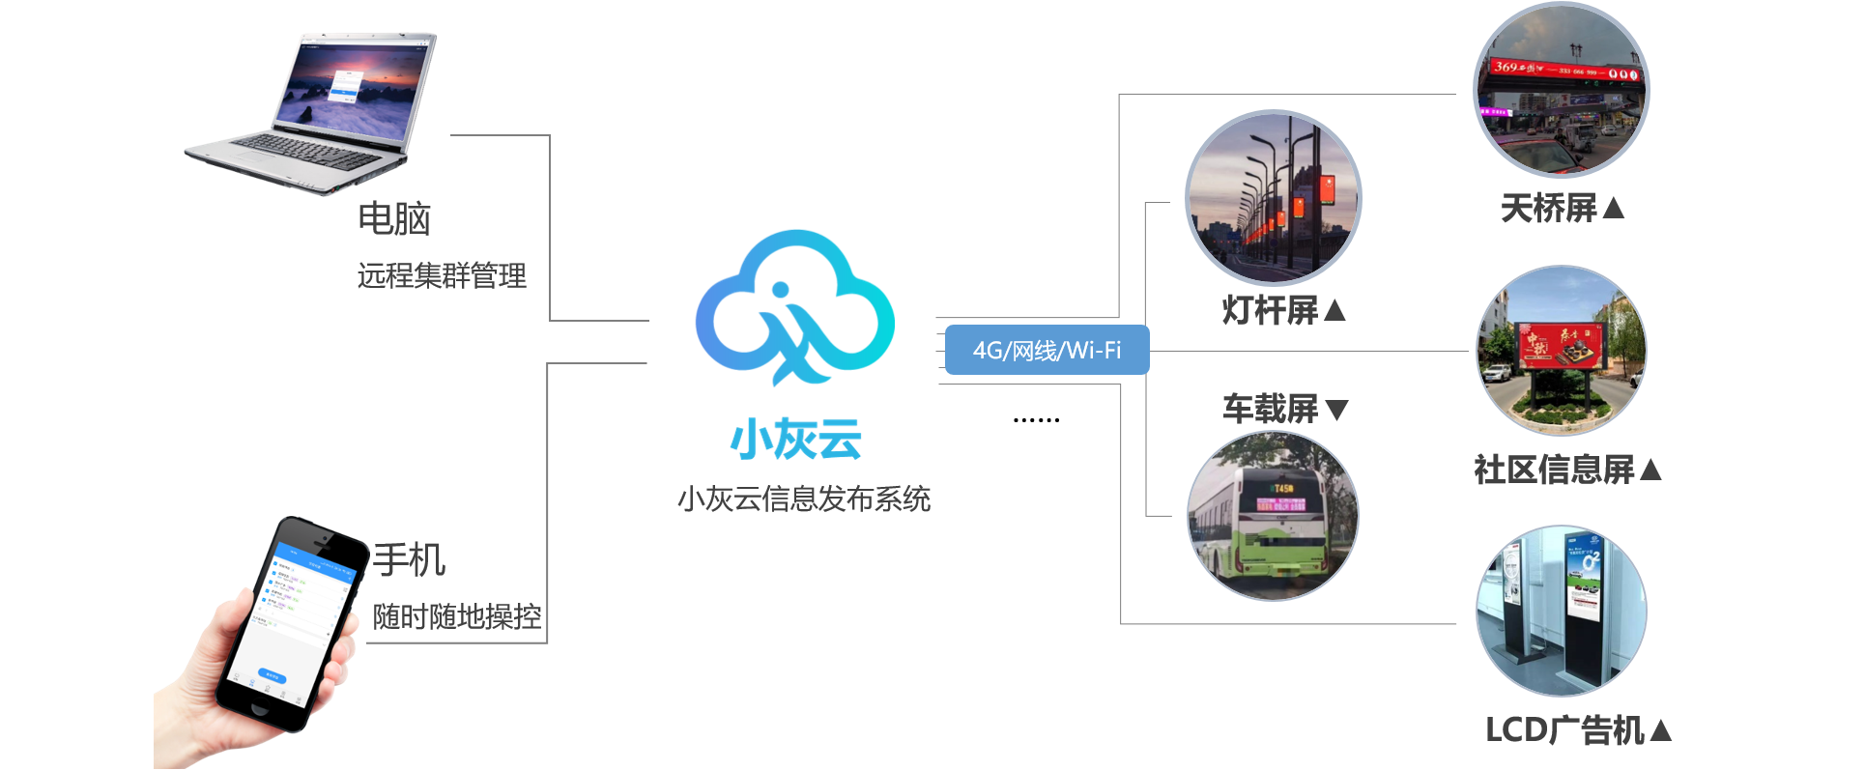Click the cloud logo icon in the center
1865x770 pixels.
[x=794, y=306]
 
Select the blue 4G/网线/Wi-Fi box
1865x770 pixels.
[x=1047, y=350]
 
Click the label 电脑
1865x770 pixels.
[x=394, y=218]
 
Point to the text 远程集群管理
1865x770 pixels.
[x=442, y=275]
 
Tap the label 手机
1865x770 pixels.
[x=410, y=560]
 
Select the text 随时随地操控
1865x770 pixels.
[x=457, y=616]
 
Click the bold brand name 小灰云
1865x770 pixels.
[x=795, y=440]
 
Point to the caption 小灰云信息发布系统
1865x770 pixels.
[x=804, y=499]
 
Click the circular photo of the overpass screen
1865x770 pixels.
[x=1561, y=90]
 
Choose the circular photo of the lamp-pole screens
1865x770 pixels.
[x=1273, y=198]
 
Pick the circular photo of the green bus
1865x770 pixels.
[x=1273, y=516]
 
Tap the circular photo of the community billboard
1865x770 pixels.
[x=1561, y=351]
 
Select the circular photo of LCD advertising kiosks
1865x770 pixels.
[x=1561, y=611]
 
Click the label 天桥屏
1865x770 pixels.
[x=1549, y=208]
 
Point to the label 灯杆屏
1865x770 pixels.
[x=1270, y=310]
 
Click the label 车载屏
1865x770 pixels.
[x=1270, y=409]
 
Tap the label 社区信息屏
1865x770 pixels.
[x=1554, y=470]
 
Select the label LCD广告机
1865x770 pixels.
[x=1564, y=730]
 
